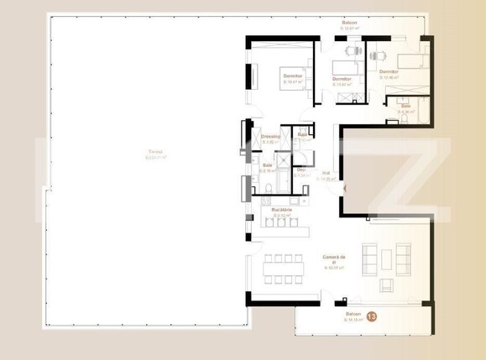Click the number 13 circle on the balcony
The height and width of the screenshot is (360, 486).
(x=372, y=317)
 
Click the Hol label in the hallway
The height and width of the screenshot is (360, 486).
(x=327, y=175)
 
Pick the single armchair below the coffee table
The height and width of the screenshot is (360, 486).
(x=386, y=285)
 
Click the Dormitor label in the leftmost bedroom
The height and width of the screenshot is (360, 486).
(x=292, y=78)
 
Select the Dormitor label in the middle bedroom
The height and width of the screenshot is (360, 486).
(x=341, y=81)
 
